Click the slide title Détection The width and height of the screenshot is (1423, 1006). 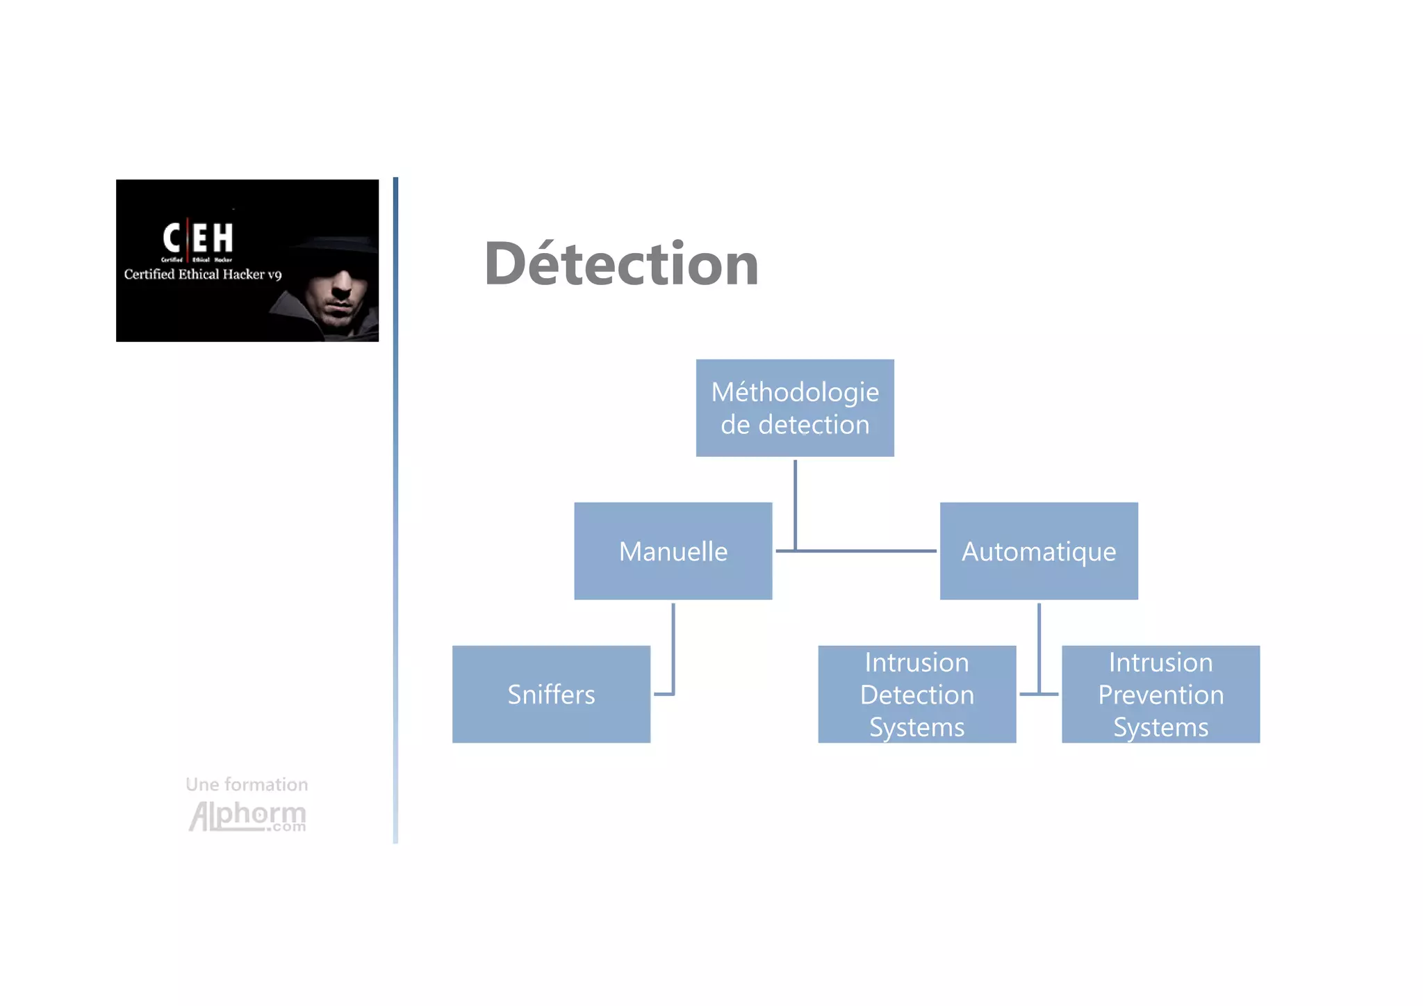[x=621, y=264]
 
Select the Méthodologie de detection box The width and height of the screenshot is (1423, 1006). [x=795, y=408]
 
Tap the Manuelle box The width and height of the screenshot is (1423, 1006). [x=673, y=551]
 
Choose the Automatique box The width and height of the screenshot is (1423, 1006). [x=1039, y=551]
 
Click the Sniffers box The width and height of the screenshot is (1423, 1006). [x=551, y=695]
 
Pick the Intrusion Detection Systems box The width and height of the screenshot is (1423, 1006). [x=916, y=695]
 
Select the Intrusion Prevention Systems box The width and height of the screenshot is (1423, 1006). [x=1160, y=695]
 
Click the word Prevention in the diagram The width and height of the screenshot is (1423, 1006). [x=1160, y=695]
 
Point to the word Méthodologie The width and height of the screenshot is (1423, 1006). [x=795, y=392]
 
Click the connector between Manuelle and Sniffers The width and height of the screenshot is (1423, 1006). [x=673, y=647]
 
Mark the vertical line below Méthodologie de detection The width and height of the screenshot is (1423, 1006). [x=795, y=501]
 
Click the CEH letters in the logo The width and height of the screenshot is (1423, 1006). [x=198, y=238]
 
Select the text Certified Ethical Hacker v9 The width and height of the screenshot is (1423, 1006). [x=202, y=275]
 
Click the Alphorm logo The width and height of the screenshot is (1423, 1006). [x=247, y=816]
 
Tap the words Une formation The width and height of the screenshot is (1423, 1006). [x=247, y=784]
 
